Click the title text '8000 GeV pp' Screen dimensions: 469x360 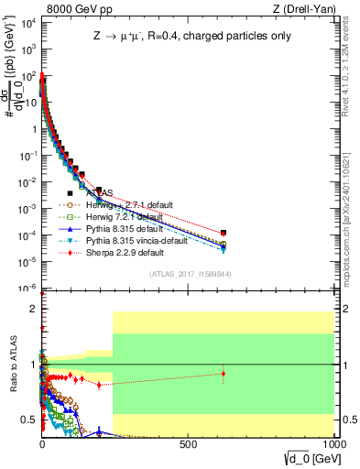[74, 8]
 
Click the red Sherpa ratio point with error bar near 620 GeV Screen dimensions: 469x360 [224, 373]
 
